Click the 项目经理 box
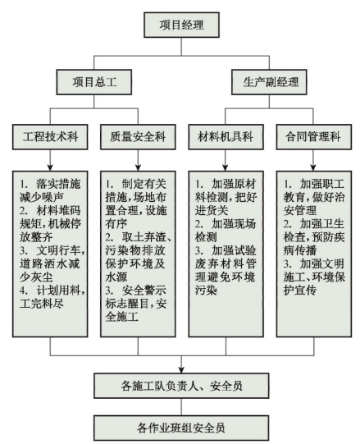pyautogui.click(x=181, y=25)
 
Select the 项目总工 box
pyautogui.click(x=94, y=82)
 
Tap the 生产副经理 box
pyautogui.click(x=269, y=82)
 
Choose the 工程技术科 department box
pyautogui.click(x=50, y=137)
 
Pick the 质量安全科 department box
pyautogui.click(x=138, y=137)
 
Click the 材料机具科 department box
pyautogui.click(x=226, y=137)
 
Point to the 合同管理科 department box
pyautogui.click(x=314, y=137)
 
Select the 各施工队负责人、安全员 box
pyautogui.click(x=181, y=386)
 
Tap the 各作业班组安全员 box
pyautogui.click(x=181, y=428)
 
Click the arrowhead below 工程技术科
pyautogui.click(x=50, y=167)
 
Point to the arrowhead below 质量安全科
pyautogui.click(x=138, y=167)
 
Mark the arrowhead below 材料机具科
pyautogui.click(x=226, y=167)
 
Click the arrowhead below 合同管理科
pyautogui.click(x=313, y=167)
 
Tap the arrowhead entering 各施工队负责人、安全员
pyautogui.click(x=181, y=370)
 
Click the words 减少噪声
pyautogui.click(x=42, y=197)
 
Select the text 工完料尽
pyautogui.click(x=42, y=304)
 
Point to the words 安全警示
pyautogui.click(x=144, y=291)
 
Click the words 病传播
pyautogui.click(x=300, y=250)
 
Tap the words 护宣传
pyautogui.click(x=300, y=291)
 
